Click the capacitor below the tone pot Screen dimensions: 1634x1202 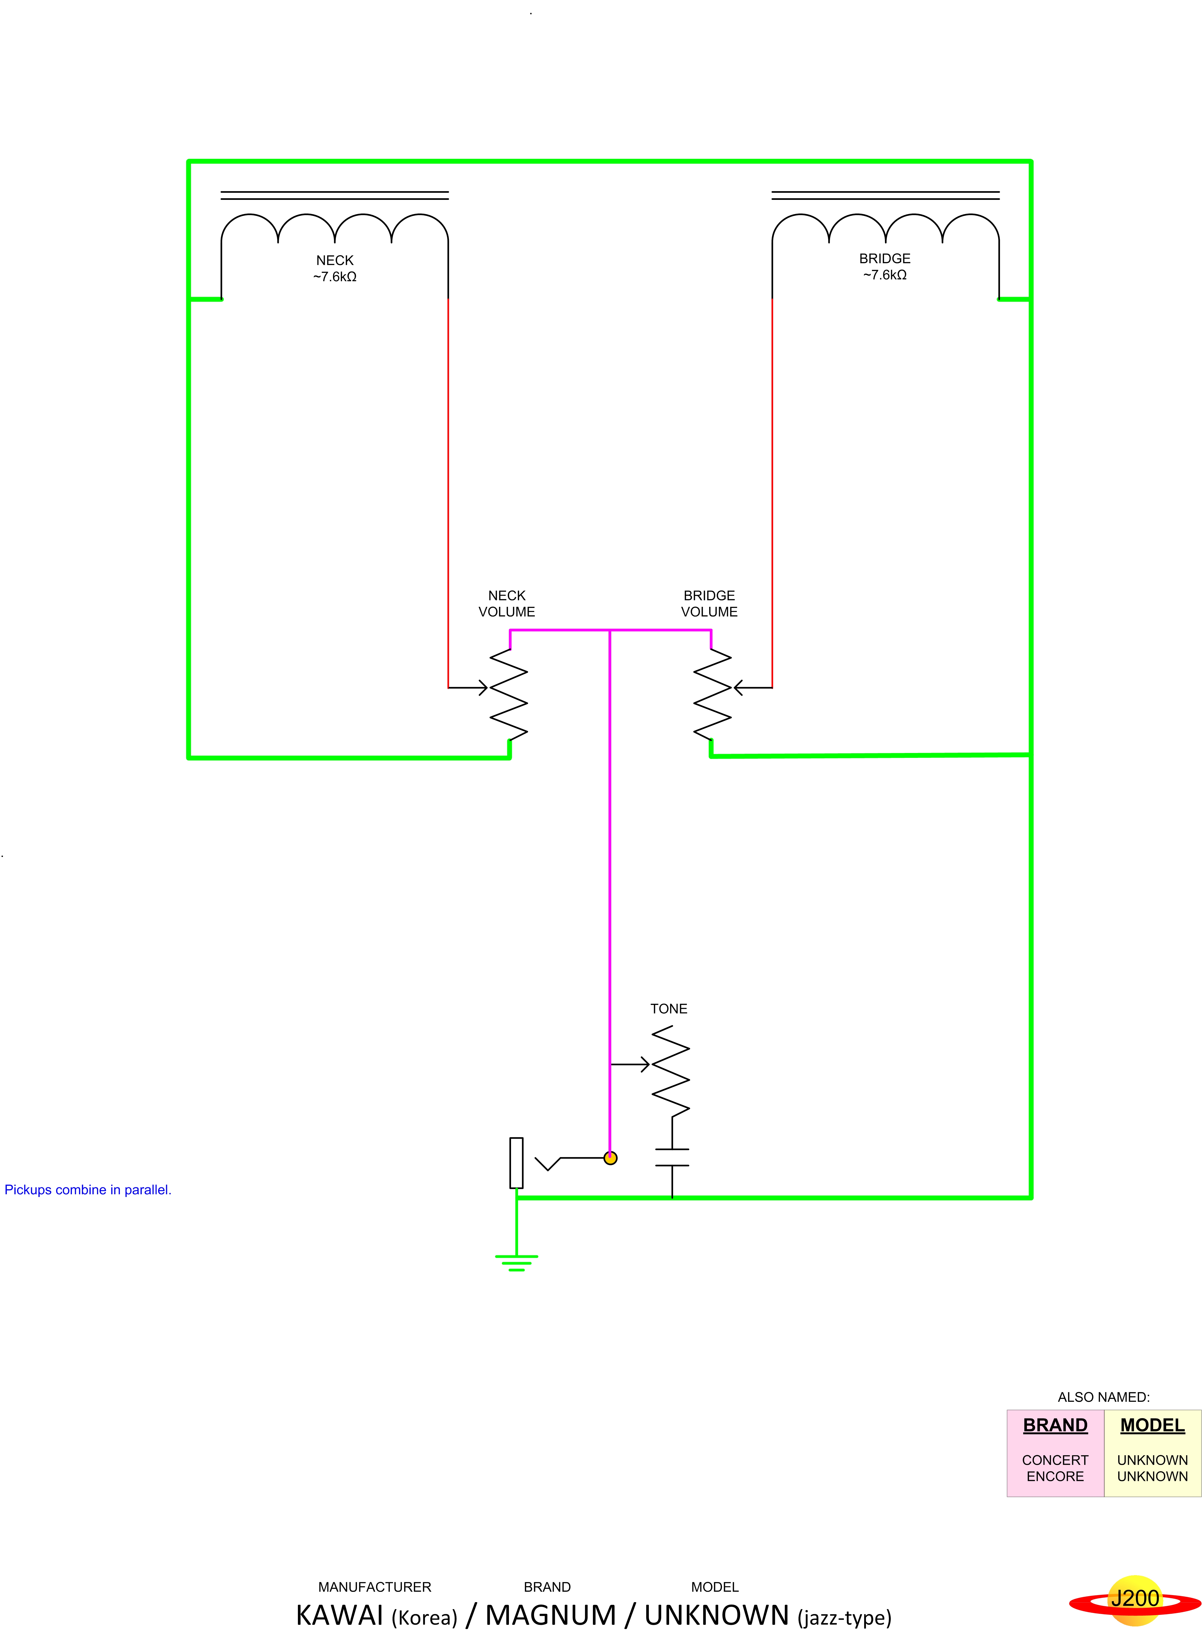pyautogui.click(x=672, y=1158)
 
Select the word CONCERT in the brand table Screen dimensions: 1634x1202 pyautogui.click(x=1055, y=1460)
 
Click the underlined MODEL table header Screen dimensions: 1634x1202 pyautogui.click(x=1153, y=1425)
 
